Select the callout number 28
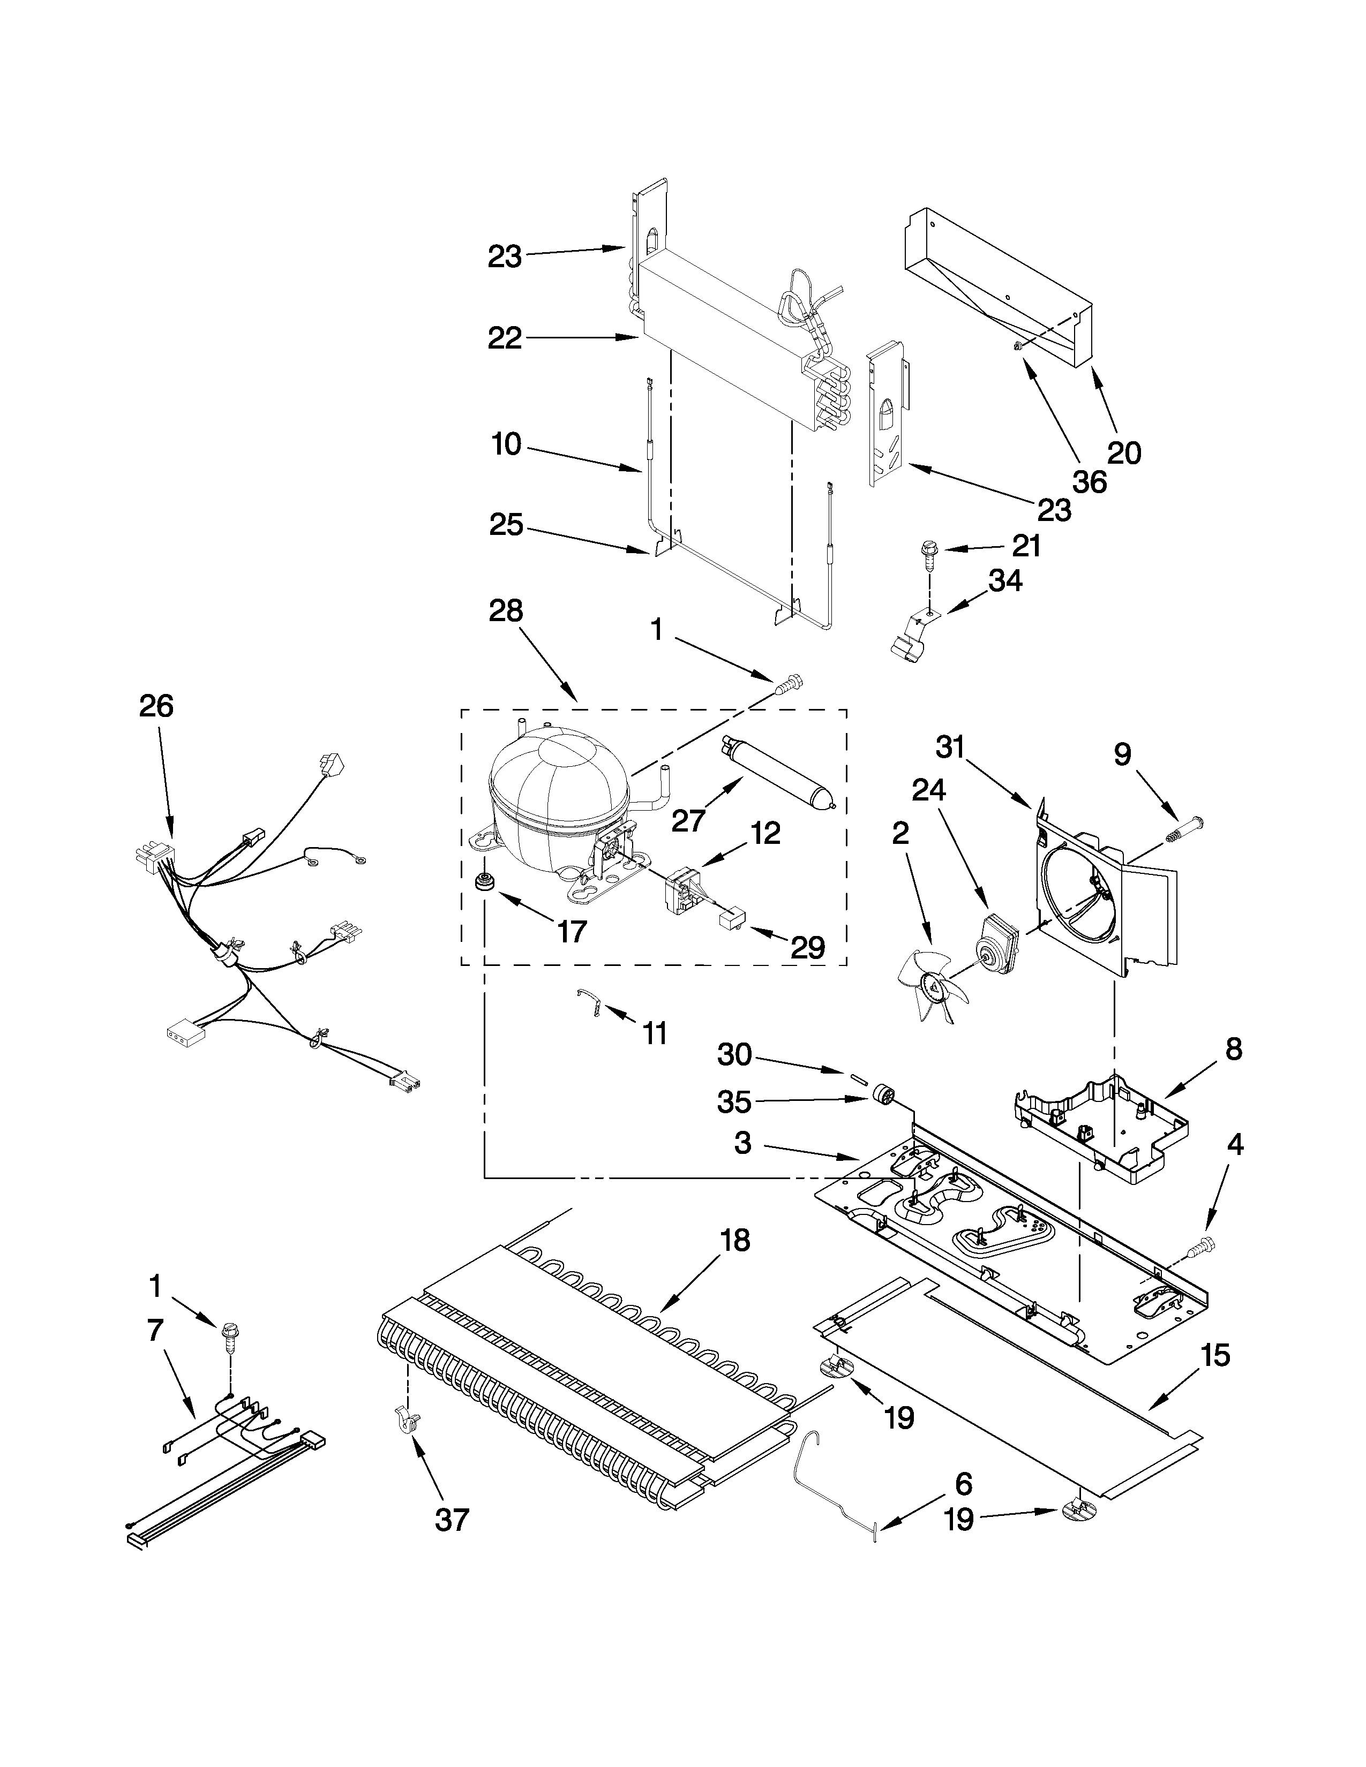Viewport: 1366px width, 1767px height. tap(506, 611)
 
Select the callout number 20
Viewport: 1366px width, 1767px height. tap(1123, 453)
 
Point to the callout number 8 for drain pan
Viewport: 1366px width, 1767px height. tap(1233, 1050)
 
